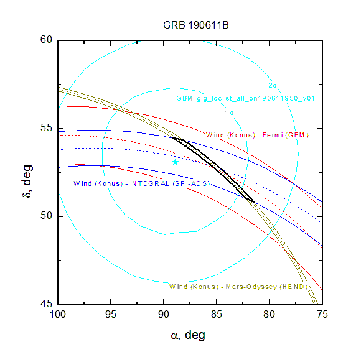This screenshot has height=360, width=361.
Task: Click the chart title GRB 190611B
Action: pos(196,25)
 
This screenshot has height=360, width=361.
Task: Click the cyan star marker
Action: pos(175,162)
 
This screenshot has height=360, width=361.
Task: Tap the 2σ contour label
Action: pos(273,85)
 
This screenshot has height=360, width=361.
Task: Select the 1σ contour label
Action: pos(229,113)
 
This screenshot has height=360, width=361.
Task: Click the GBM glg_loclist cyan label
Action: pos(245,98)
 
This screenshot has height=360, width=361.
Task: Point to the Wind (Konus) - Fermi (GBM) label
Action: pos(257,135)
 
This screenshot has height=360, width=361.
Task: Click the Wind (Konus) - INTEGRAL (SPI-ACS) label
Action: pos(141,183)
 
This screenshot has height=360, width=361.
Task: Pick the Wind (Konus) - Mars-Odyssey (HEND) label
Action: pos(238,287)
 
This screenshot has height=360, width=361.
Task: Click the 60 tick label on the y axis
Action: pos(46,40)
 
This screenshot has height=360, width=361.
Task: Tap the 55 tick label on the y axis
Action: pos(46,128)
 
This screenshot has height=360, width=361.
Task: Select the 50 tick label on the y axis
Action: pos(46,216)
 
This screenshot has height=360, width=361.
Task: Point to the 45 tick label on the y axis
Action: pos(46,304)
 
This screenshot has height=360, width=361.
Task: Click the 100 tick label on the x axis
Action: pos(58,314)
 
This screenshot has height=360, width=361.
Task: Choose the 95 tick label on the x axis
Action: pos(111,314)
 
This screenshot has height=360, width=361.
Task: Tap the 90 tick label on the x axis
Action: pos(164,314)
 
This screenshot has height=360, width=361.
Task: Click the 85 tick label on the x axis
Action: pos(217,314)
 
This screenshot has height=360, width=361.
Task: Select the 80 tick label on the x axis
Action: pos(270,314)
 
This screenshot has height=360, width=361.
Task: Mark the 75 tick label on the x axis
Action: pos(322,314)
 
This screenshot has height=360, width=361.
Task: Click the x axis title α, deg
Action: pos(188,335)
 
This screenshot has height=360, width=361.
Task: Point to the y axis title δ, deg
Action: pos(27,182)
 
